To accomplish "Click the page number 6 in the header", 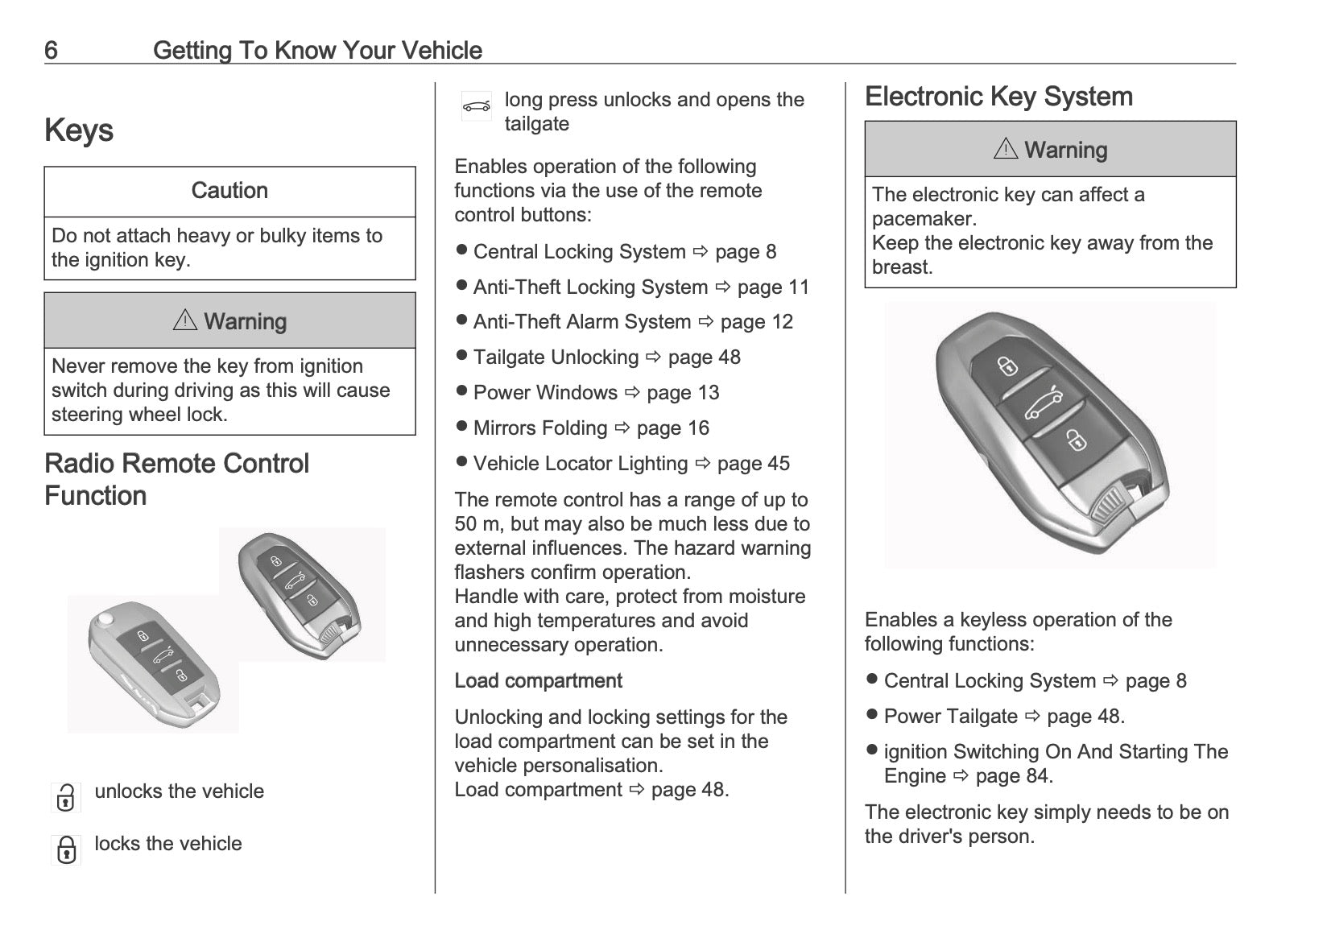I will pyautogui.click(x=51, y=51).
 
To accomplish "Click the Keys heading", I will pyautogui.click(x=79, y=130).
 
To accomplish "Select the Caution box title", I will pyautogui.click(x=229, y=191).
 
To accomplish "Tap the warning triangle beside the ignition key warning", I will pyautogui.click(x=185, y=320).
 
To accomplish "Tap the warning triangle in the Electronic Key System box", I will pyautogui.click(x=1006, y=149).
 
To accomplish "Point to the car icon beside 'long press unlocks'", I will pyautogui.click(x=476, y=106).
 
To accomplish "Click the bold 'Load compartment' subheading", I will pyautogui.click(x=538, y=681).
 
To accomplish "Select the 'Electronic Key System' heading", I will pyautogui.click(x=998, y=97).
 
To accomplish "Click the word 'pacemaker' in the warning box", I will pyautogui.click(x=923, y=219).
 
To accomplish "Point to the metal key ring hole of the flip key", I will pyautogui.click(x=105, y=620).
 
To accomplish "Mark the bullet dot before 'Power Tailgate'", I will pyautogui.click(x=871, y=714).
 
